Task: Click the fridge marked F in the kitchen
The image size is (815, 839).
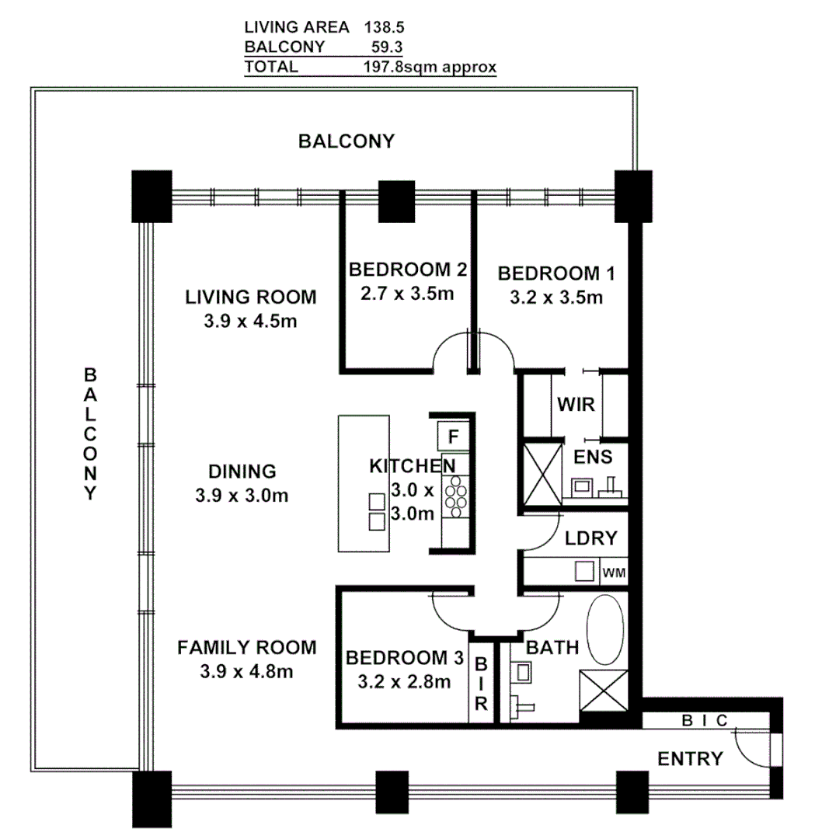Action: tap(453, 436)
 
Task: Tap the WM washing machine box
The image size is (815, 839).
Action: tap(613, 573)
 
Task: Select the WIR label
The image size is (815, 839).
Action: tap(576, 405)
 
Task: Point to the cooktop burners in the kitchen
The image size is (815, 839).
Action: tap(455, 496)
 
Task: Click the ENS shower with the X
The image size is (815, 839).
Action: tap(542, 474)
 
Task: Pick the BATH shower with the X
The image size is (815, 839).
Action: tap(604, 691)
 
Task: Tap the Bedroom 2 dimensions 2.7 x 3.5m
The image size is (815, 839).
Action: tap(406, 294)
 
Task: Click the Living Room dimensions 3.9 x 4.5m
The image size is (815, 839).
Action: tap(250, 321)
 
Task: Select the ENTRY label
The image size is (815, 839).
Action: tap(690, 759)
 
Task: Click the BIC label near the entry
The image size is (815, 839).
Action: tap(704, 721)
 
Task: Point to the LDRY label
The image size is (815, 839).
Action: tap(590, 538)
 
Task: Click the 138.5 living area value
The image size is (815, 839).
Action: tap(385, 26)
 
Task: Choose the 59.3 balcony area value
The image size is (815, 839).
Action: tap(387, 47)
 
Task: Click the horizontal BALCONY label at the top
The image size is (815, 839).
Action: tap(347, 141)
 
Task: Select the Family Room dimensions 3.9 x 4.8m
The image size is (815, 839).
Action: tap(246, 671)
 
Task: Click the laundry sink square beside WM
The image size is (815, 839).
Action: tap(584, 571)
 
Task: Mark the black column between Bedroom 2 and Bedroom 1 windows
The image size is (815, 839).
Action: tap(396, 202)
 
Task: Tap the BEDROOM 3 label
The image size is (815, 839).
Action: tap(404, 658)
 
